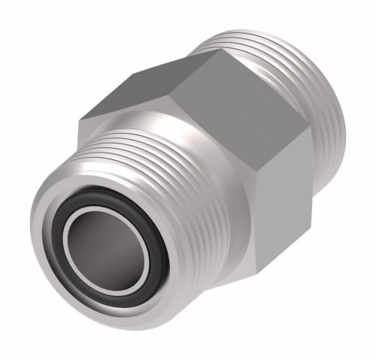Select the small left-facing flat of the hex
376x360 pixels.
(90, 120)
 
